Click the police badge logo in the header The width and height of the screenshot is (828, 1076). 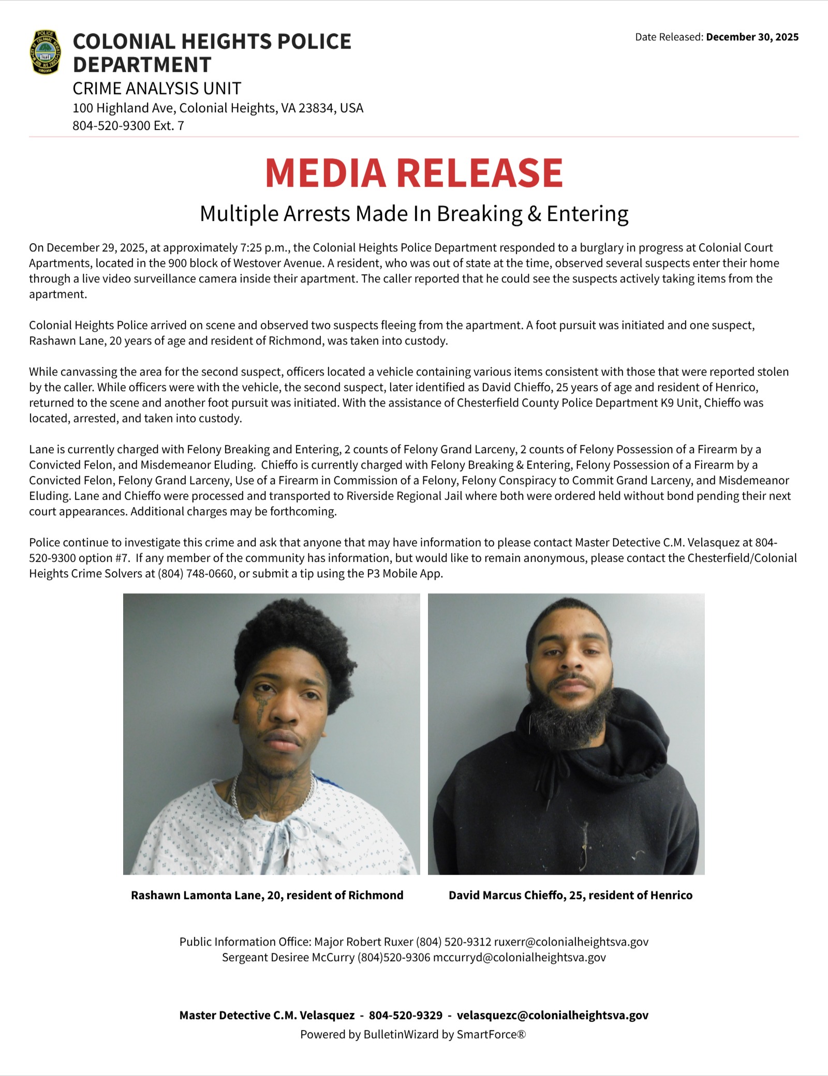point(46,52)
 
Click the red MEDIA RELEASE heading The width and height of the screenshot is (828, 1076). point(413,172)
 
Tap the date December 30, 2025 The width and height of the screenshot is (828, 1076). point(752,37)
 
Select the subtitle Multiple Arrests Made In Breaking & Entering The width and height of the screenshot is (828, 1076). point(414,213)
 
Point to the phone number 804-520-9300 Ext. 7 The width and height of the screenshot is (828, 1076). point(128,126)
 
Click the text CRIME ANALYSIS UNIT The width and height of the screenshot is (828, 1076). point(157,88)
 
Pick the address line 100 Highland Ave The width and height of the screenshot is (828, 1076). point(217,108)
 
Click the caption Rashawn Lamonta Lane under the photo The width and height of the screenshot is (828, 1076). point(267,895)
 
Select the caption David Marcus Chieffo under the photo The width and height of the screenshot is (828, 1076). point(570,895)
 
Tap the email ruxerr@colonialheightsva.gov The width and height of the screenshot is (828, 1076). point(571,942)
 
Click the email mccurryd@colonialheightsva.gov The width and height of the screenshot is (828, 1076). point(519,957)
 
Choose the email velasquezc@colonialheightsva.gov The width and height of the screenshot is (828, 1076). point(552,1015)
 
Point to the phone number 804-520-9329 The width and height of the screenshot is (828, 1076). point(405,1015)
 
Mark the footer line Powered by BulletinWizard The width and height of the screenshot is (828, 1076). point(413,1034)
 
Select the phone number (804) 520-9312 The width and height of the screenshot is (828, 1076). point(453,942)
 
